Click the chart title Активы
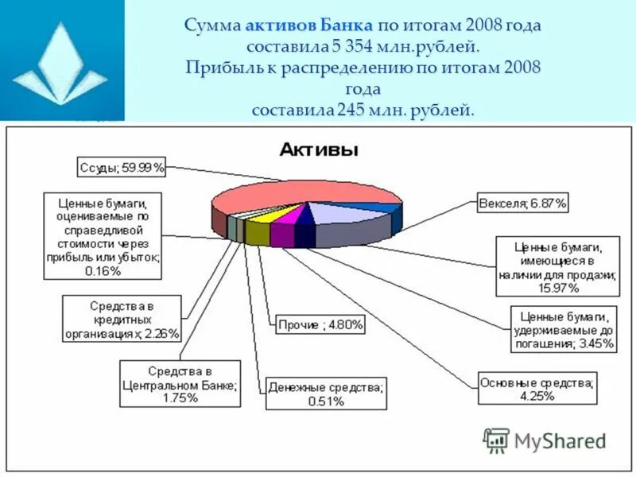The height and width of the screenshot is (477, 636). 317,149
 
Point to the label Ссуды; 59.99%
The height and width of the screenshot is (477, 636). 122,168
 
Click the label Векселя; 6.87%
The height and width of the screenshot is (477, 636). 523,204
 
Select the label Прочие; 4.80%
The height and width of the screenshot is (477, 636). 320,324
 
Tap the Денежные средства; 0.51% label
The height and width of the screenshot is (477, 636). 325,394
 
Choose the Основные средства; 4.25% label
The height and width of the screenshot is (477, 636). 537,389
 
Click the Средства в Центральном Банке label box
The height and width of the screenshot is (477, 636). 180,384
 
